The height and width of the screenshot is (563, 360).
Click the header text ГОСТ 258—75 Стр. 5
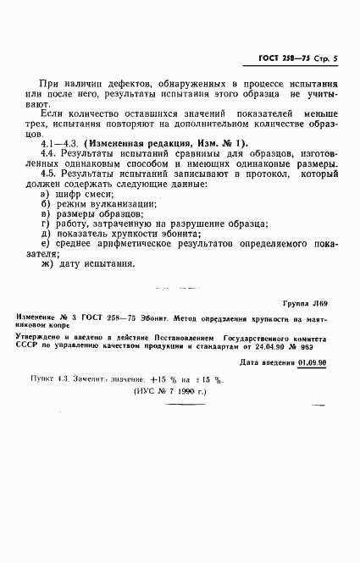pyautogui.click(x=296, y=59)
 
